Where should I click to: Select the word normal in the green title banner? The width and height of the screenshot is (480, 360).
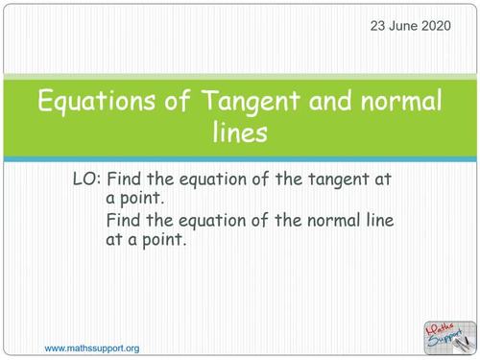[x=384, y=102]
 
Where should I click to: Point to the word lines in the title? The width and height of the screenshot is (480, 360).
[x=240, y=132]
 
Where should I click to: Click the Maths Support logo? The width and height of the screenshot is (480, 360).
[x=449, y=334]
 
